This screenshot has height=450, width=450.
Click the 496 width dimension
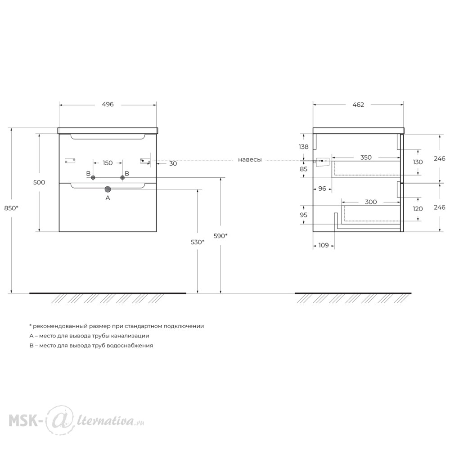tap(108, 104)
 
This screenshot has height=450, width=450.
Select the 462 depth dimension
tap(358, 105)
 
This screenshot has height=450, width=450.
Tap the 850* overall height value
tap(11, 208)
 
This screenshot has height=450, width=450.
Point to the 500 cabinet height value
tap(39, 182)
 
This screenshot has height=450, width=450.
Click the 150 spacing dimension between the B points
tap(108, 163)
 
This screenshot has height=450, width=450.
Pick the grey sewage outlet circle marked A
tap(108, 189)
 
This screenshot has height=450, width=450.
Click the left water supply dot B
tap(93, 178)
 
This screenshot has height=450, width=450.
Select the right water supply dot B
tap(122, 178)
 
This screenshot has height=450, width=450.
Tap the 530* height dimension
tap(198, 242)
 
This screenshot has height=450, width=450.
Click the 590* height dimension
tap(220, 236)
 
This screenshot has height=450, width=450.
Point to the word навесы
tap(250, 160)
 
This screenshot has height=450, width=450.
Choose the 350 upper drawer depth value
tap(366, 157)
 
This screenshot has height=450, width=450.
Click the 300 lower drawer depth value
tap(371, 202)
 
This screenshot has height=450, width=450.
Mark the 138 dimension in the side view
tap(303, 147)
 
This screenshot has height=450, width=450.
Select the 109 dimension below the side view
tap(324, 245)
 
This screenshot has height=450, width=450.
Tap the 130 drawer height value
tap(418, 162)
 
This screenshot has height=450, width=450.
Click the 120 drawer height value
tap(418, 209)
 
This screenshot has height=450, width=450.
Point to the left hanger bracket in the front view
tap(70, 161)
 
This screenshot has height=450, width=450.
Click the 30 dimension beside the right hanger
tap(173, 164)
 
